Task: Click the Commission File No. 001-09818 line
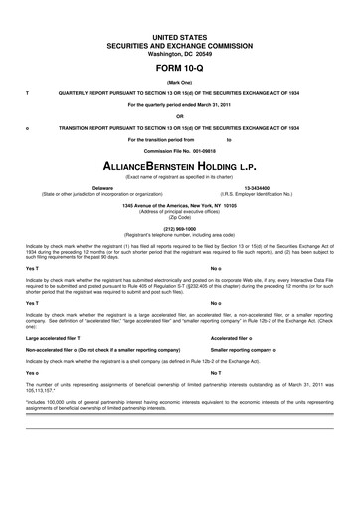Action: click(180, 150)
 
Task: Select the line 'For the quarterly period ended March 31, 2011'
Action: click(180, 104)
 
